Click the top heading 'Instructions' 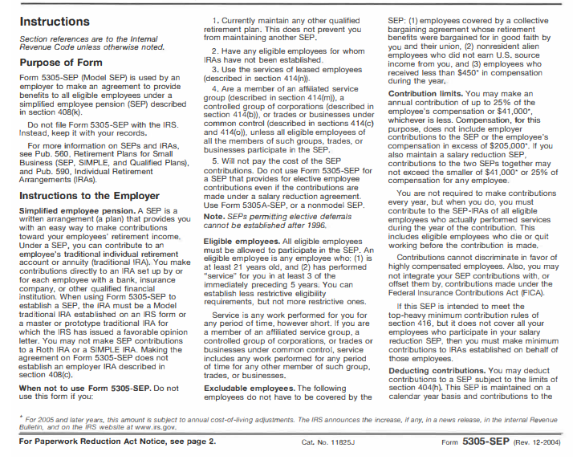pyautogui.click(x=57, y=22)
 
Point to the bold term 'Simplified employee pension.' pyautogui.click(x=69, y=210)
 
